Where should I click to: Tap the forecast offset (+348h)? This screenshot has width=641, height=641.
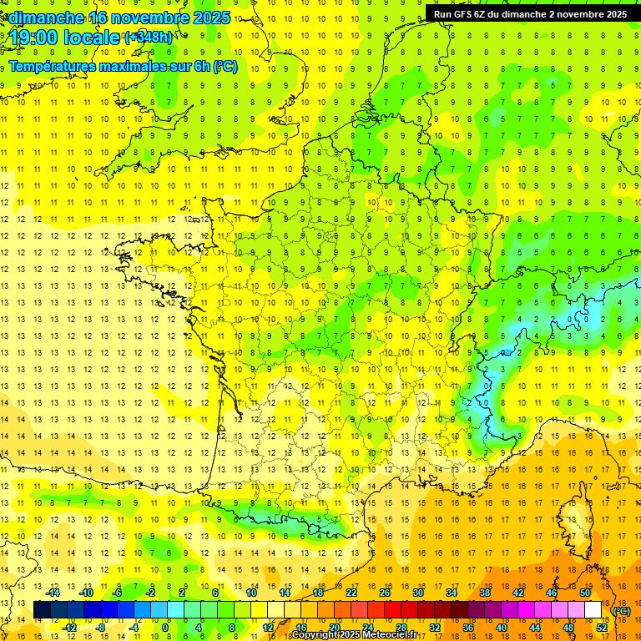click(149, 38)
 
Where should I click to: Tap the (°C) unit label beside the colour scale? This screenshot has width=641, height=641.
click(621, 611)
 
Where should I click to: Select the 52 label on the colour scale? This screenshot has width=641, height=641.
click(602, 628)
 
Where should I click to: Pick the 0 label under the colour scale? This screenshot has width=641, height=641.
click(165, 628)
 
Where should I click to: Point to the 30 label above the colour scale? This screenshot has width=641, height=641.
click(418, 593)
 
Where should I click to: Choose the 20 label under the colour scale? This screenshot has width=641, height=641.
click(334, 628)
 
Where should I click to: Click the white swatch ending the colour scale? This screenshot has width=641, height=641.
click(593, 610)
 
